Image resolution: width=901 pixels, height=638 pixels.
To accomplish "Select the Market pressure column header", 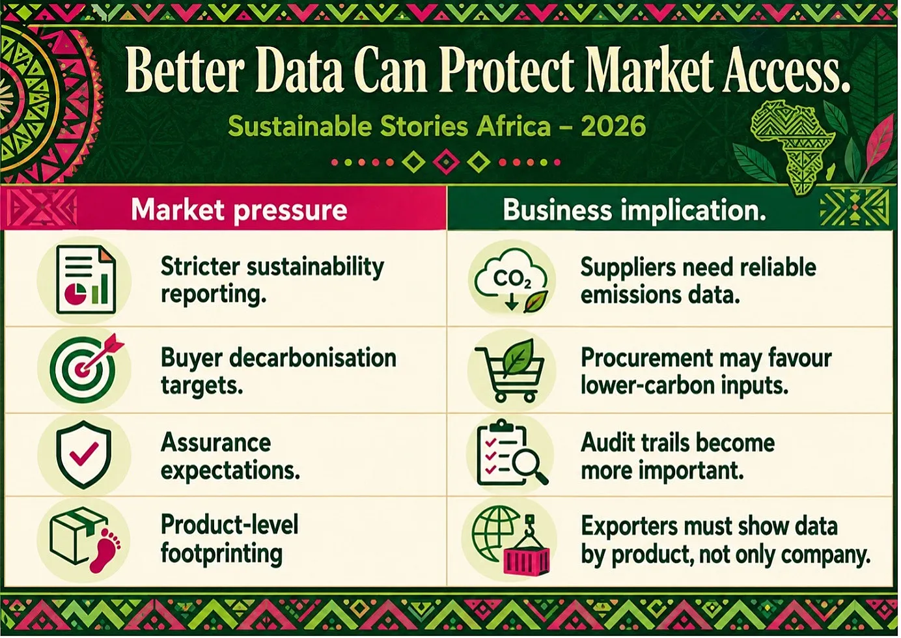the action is click(x=239, y=210).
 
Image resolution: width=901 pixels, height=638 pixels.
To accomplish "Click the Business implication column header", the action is click(x=634, y=210).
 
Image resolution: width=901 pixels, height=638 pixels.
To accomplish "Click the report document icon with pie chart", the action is click(x=86, y=279).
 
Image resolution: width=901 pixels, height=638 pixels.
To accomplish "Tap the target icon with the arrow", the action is click(x=85, y=367).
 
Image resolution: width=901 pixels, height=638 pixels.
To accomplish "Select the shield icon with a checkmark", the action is click(x=84, y=454).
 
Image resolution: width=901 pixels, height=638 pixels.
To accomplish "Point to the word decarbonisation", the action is click(x=312, y=357).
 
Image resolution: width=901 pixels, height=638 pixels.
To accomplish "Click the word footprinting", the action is click(x=221, y=553).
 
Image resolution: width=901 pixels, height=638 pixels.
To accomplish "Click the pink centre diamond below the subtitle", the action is click(x=446, y=161).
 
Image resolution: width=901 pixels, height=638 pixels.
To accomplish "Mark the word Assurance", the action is click(x=216, y=443).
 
